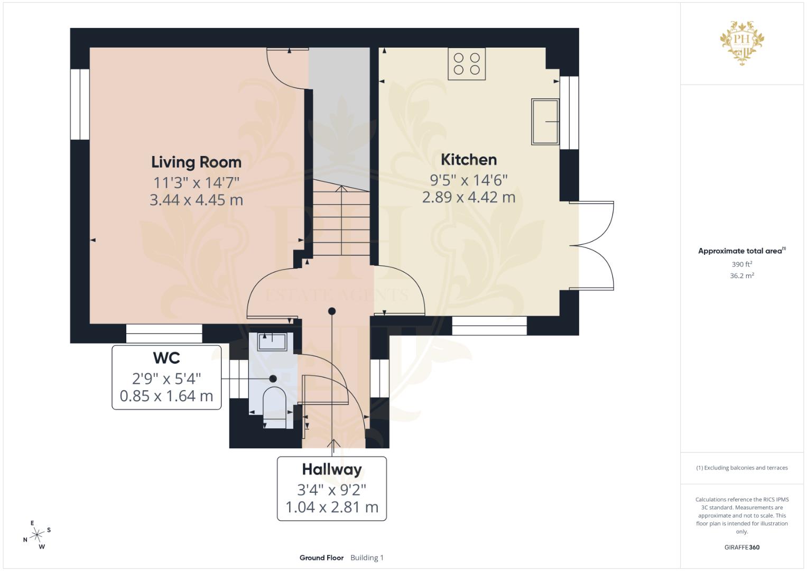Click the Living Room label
coord(197,162)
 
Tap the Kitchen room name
coord(469,160)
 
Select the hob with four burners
coord(467,64)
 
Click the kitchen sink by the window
coord(545,122)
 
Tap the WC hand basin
coord(272,342)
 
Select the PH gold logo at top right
coord(742,43)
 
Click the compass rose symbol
coord(37,535)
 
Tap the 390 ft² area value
coord(742,264)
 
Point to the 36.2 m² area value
coord(742,276)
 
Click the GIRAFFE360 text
coord(742,547)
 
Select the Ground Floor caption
coord(321,558)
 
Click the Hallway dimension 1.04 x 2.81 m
coord(332,507)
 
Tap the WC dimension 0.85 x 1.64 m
coord(166,396)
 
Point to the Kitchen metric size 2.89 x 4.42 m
coord(469,197)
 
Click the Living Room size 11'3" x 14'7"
coord(197,182)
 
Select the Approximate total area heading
coord(742,251)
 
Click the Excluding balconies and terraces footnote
coord(742,468)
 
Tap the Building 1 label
coord(367,558)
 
